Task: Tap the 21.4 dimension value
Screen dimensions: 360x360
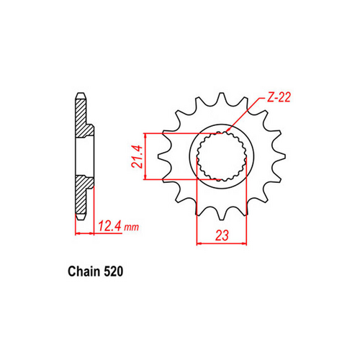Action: click(134, 156)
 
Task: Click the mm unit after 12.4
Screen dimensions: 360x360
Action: click(130, 229)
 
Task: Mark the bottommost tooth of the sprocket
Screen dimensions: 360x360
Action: click(222, 213)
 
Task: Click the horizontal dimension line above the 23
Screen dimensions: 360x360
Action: click(221, 245)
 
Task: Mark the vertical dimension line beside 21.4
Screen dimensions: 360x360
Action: click(146, 156)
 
